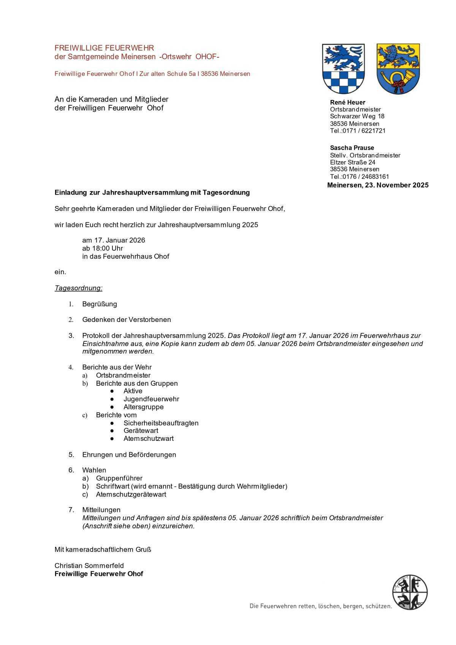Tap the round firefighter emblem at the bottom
pos(410,592)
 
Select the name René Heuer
pos(347,102)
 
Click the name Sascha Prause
pos(352,148)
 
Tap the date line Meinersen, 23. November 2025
pos(377,185)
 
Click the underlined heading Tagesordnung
pos(78,288)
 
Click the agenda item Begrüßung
pos(100,304)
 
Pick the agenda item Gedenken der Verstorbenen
pos(127,320)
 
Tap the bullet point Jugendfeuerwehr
pos(151,399)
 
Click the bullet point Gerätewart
pos(141,431)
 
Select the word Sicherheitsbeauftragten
pos(161,423)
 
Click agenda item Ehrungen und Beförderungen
pos(129,455)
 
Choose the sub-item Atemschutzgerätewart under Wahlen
pos(131,494)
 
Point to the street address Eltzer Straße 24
pos(353,162)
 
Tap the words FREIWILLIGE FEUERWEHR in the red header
pos(104,48)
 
